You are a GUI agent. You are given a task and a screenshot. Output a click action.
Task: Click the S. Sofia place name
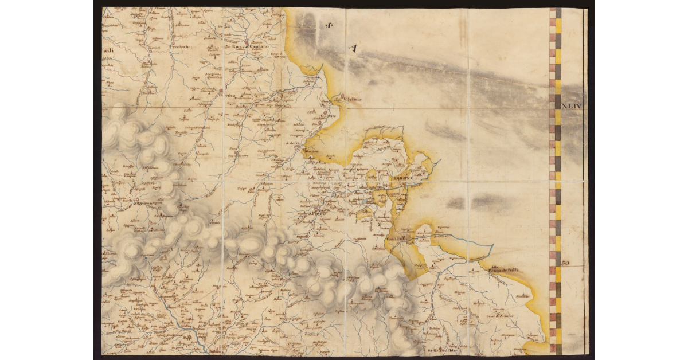(293, 143)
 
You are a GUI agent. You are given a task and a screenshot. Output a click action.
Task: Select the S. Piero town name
(316, 214)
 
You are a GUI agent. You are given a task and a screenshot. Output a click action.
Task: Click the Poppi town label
(144, 202)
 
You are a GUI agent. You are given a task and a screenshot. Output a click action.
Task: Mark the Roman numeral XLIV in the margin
(572, 106)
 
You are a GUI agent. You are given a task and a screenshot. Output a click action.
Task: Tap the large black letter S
(329, 25)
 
